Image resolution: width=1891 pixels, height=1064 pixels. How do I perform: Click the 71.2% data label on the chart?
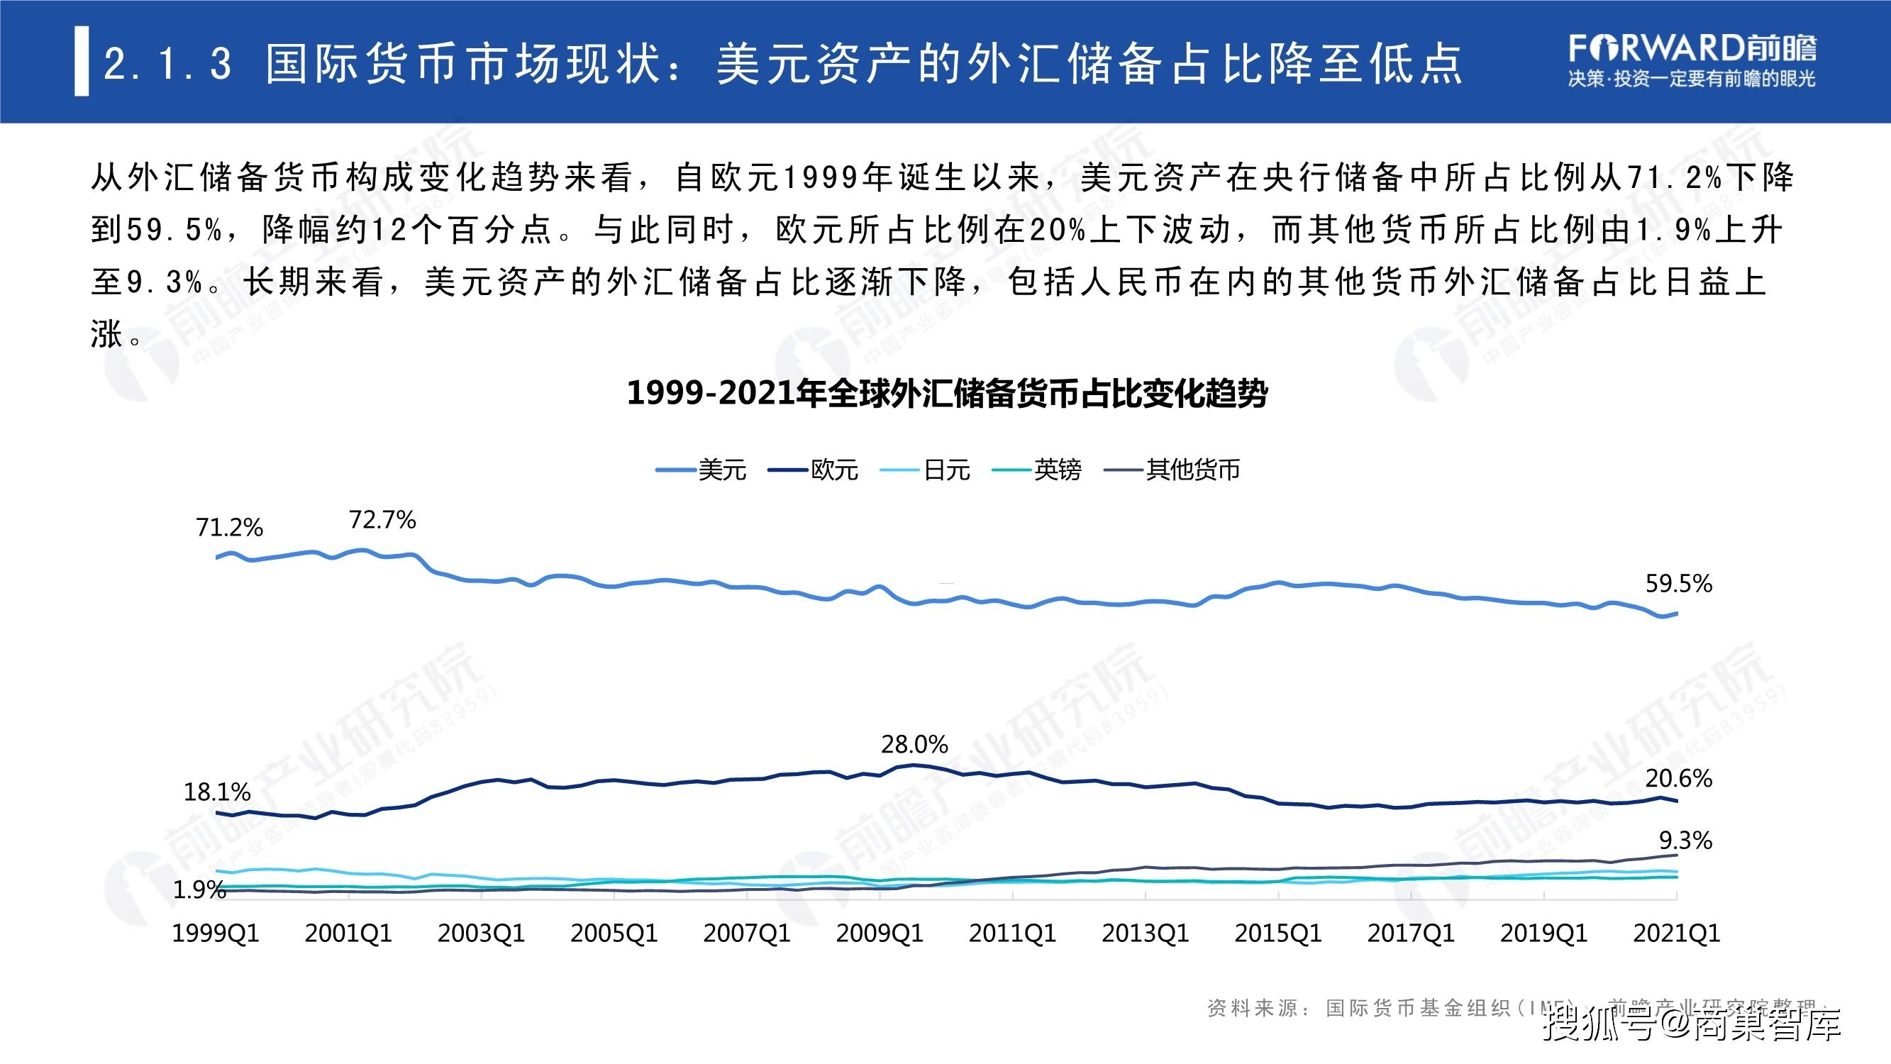[x=229, y=527]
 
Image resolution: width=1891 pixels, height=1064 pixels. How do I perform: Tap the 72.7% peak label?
[x=382, y=520]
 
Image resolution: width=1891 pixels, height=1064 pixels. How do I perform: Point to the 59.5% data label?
[x=1678, y=584]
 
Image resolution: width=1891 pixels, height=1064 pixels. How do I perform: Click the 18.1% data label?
[x=216, y=792]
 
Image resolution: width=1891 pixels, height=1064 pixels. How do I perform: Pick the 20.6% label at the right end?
[x=1678, y=777]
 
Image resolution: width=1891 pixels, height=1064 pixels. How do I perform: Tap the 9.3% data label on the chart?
[x=1685, y=840]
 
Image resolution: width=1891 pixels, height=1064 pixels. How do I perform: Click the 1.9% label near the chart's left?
[x=199, y=890]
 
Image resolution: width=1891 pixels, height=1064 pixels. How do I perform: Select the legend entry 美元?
[x=721, y=470]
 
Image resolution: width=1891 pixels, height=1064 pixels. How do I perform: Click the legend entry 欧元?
[x=834, y=470]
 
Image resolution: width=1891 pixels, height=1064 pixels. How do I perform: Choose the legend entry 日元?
[x=946, y=470]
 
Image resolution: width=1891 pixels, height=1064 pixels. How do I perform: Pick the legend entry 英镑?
[x=1057, y=470]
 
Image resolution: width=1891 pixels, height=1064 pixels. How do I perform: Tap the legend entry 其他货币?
[x=1193, y=470]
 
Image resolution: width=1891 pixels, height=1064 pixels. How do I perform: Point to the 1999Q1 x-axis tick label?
[x=216, y=933]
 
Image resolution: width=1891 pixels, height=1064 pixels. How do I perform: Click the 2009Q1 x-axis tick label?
[x=880, y=933]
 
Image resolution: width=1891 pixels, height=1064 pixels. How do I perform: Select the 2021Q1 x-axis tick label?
[x=1677, y=933]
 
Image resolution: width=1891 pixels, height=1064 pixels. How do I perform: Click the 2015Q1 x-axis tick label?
[x=1278, y=933]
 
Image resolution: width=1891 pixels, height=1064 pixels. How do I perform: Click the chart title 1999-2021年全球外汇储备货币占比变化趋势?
[x=947, y=394]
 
